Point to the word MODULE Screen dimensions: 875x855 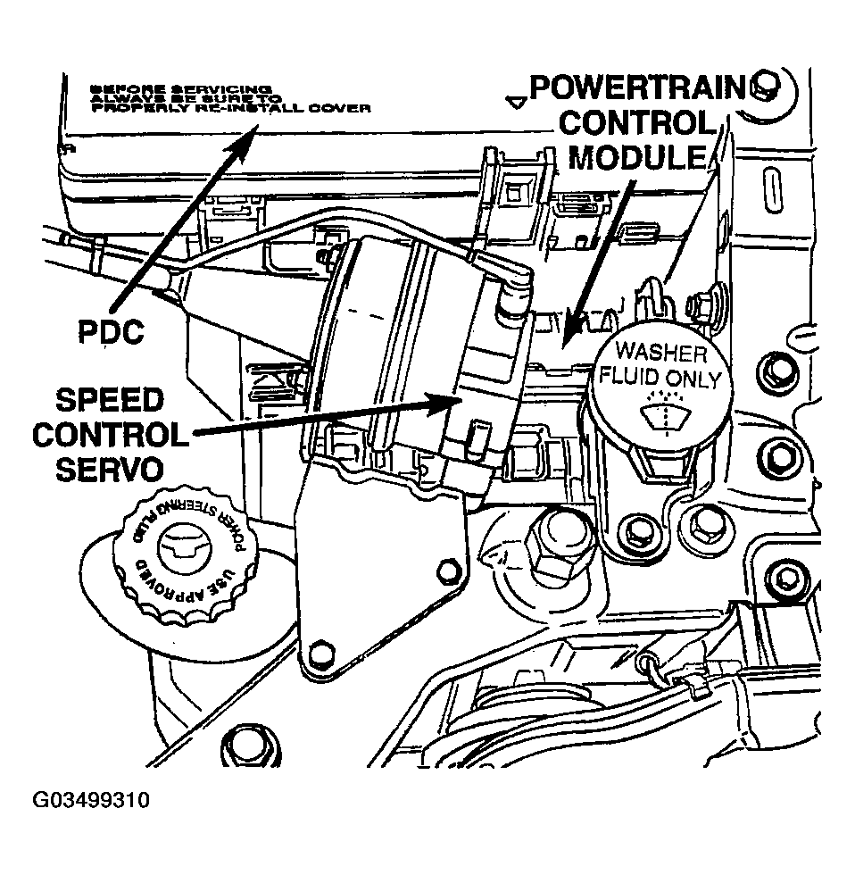pyautogui.click(x=637, y=158)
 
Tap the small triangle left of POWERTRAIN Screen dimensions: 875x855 pyautogui.click(x=515, y=100)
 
